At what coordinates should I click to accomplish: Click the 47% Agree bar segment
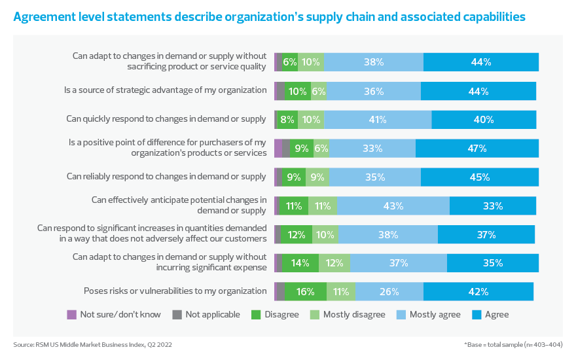[x=477, y=149]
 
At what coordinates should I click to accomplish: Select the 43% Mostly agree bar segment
[x=393, y=206]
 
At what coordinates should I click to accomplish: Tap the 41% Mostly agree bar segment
[x=377, y=120]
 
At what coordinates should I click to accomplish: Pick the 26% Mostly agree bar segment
[x=389, y=291]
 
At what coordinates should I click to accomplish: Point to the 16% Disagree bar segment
[x=304, y=291]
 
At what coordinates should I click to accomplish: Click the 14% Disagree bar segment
[x=300, y=263]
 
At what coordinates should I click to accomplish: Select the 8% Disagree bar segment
[x=287, y=120]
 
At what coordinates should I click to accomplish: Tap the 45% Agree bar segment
[x=479, y=177]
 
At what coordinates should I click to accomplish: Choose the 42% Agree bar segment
[x=478, y=291]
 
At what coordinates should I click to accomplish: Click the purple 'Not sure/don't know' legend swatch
[x=72, y=315]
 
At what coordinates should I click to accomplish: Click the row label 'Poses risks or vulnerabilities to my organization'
[x=175, y=291]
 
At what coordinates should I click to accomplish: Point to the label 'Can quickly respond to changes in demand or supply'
[x=166, y=120]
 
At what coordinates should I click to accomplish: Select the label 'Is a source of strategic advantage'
[x=165, y=91]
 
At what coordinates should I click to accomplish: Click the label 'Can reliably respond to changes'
[x=166, y=177]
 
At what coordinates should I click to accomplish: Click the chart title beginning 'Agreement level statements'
[x=269, y=18]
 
